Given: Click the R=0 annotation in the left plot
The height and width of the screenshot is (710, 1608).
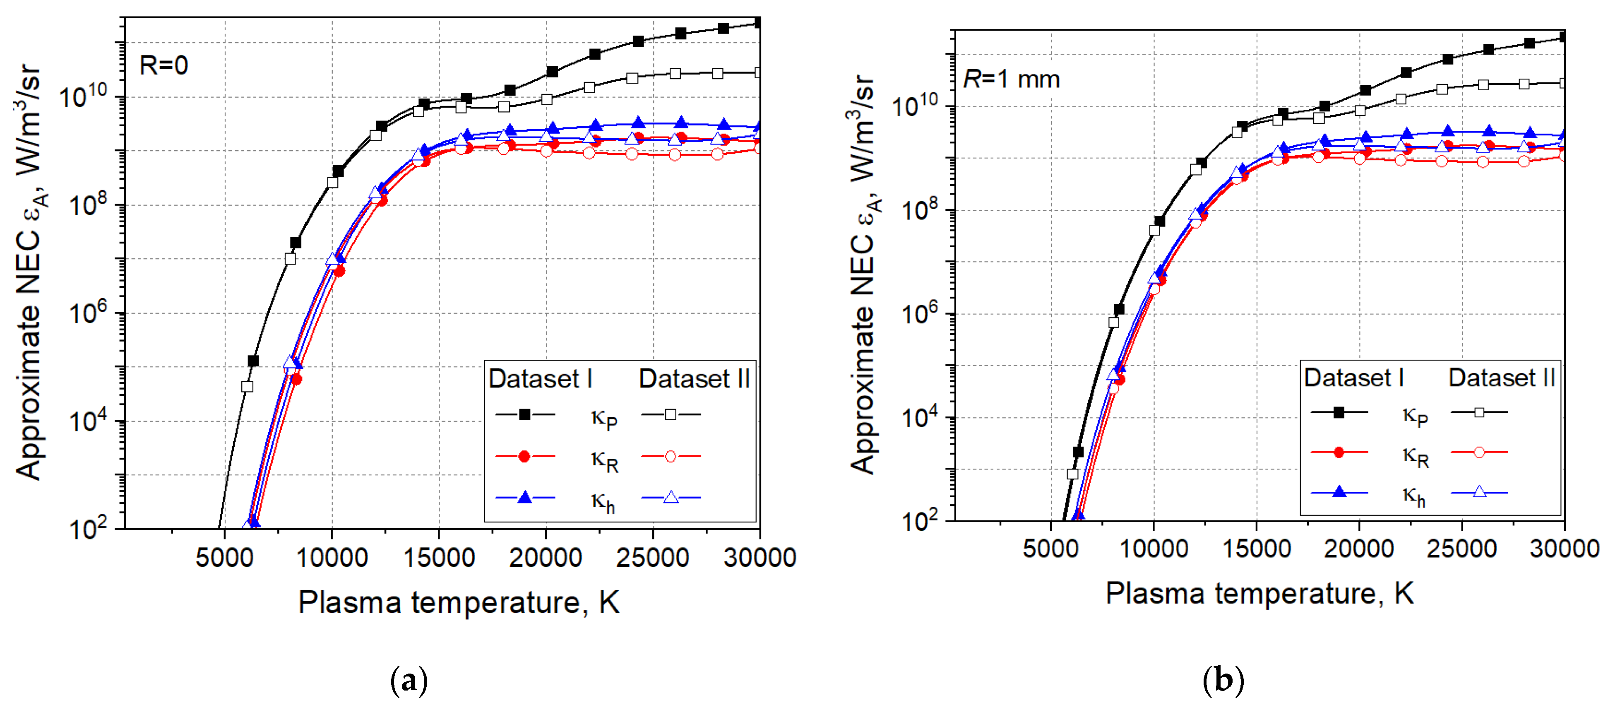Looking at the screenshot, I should click(x=163, y=65).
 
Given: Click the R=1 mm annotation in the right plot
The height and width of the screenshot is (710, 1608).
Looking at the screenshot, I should click(x=1011, y=79).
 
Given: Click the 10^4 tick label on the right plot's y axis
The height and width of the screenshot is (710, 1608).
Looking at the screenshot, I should click(x=921, y=417).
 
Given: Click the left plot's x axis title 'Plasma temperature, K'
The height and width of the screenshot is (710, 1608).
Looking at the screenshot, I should click(x=459, y=603).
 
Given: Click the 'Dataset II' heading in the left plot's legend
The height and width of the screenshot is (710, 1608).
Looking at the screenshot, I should click(x=694, y=379).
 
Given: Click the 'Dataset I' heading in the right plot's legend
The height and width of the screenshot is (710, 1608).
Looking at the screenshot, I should click(x=1353, y=378).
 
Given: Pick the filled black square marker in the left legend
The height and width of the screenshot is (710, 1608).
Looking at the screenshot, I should click(x=525, y=415).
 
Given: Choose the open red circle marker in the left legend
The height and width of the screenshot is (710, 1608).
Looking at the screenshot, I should click(x=671, y=457).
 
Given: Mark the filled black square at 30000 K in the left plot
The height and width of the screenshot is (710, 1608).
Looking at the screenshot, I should click(x=758, y=23).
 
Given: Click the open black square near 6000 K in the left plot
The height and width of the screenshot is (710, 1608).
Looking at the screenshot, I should click(x=247, y=387).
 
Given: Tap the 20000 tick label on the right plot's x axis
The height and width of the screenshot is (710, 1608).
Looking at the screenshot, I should click(x=1358, y=548).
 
